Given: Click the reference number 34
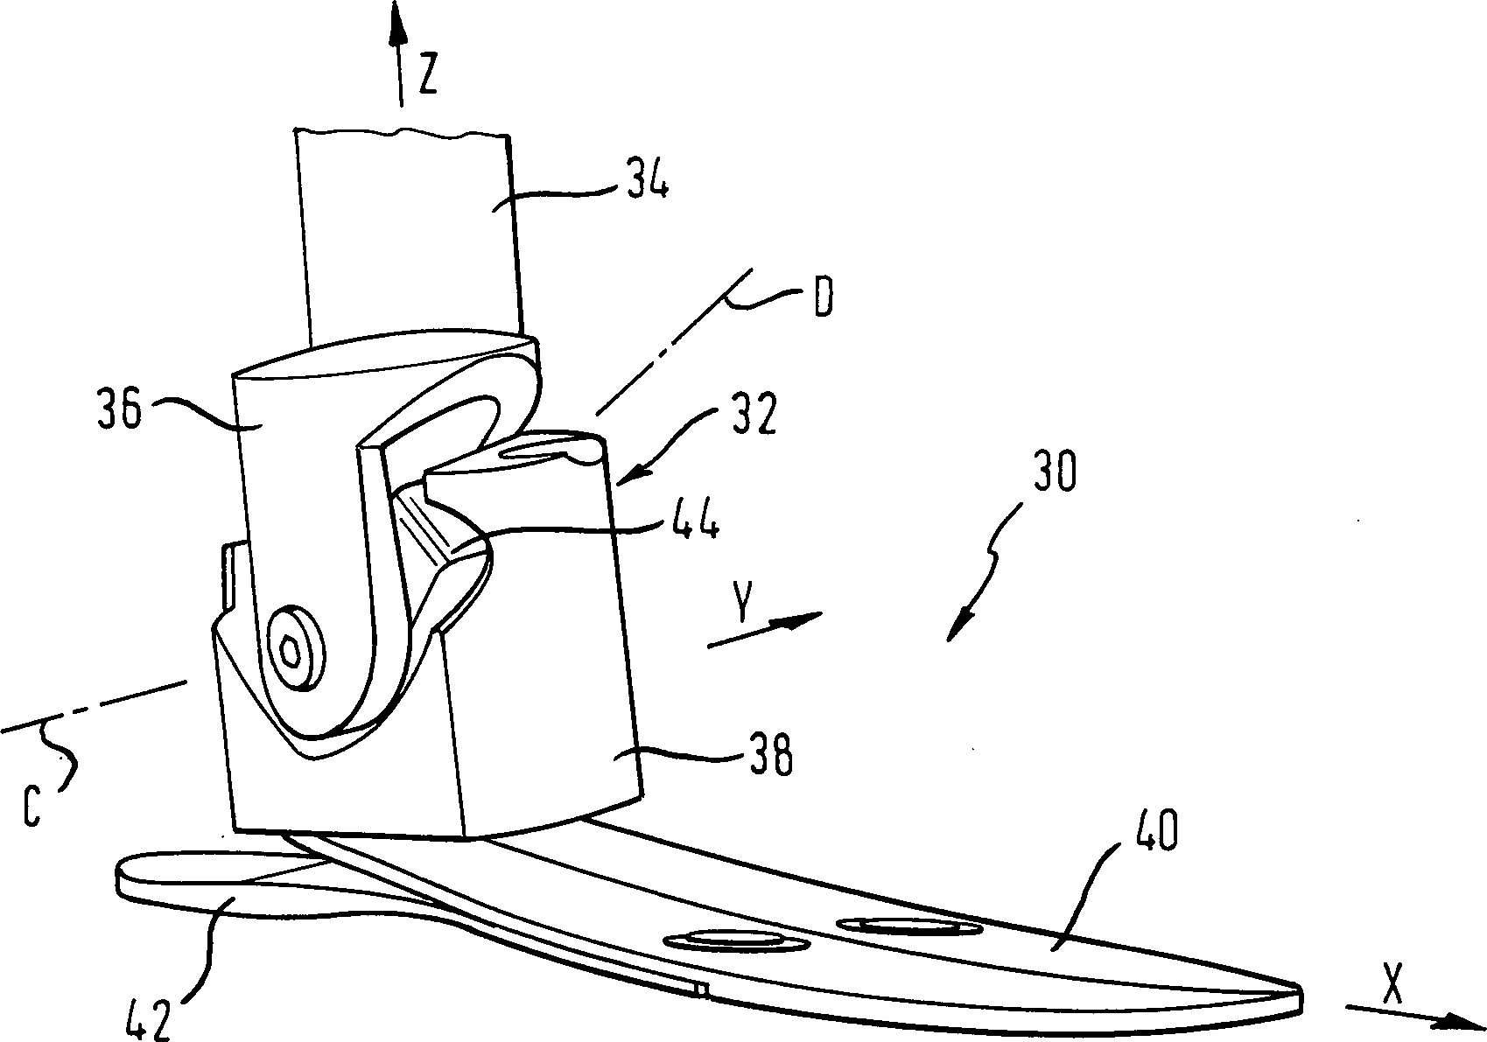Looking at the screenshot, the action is click(x=647, y=177).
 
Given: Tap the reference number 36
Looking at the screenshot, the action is click(x=119, y=409).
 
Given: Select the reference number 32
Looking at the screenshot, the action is click(x=754, y=414).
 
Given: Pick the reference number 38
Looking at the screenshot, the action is click(x=770, y=755).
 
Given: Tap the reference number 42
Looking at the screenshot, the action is click(x=148, y=1018).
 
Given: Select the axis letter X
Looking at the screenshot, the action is click(x=1392, y=985).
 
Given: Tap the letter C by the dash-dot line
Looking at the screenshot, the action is click(x=32, y=807).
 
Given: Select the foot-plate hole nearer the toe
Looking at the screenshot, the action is click(x=910, y=925).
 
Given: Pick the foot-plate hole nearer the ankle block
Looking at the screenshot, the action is click(x=735, y=941).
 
